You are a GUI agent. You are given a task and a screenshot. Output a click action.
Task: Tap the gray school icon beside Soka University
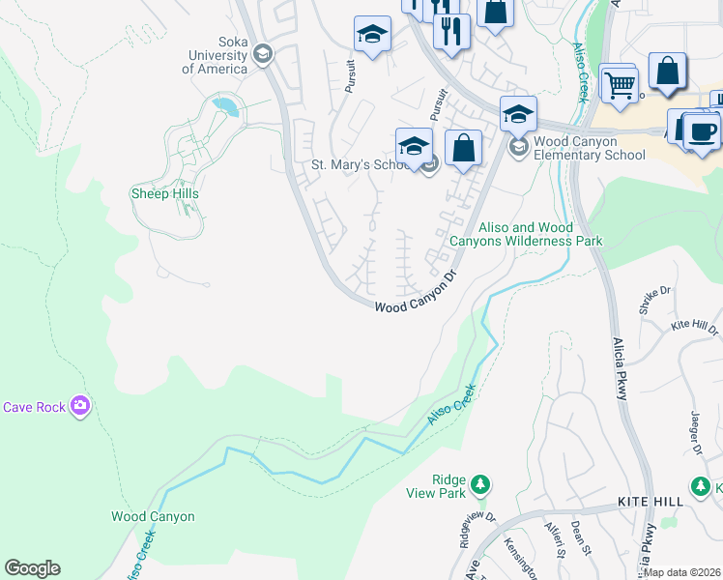pos(261,56)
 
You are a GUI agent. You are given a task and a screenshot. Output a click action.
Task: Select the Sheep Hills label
pos(164,193)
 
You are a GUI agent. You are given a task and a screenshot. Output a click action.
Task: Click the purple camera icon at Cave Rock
pos(80,406)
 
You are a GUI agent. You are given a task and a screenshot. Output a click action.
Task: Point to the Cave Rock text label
pos(34,407)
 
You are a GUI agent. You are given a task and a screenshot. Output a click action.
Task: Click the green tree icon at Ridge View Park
pos(478,482)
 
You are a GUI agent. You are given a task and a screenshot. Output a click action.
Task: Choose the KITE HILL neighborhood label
pos(651,502)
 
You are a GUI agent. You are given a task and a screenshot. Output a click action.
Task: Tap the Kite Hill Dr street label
pos(695,328)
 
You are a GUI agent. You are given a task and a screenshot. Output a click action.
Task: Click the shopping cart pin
pos(619,82)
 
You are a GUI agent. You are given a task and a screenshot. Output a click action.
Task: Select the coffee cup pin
pos(701,130)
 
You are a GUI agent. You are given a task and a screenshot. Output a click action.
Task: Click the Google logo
pos(32,568)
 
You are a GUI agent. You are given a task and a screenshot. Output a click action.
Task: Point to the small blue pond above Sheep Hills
pos(224,103)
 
